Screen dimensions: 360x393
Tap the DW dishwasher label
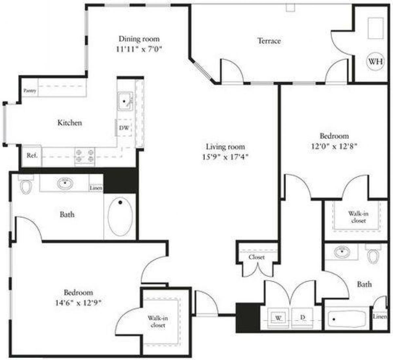point(124,128)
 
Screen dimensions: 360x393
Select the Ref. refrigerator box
point(32,156)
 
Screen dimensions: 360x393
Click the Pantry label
point(30,91)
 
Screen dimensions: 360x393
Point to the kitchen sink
point(125,101)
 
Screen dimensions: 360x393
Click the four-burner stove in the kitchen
point(84,156)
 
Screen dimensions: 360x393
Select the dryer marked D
point(303,317)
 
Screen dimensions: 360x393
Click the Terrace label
point(269,41)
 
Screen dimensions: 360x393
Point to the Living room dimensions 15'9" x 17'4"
point(225,157)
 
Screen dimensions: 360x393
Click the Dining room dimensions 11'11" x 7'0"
point(139,49)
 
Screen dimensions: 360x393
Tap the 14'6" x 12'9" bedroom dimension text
point(78,303)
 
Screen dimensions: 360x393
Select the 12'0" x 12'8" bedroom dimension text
point(334,146)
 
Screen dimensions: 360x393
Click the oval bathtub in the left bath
point(120,216)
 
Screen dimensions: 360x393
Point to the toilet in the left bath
point(26,186)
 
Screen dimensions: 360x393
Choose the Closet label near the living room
point(256,257)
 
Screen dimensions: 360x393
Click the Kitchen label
point(70,123)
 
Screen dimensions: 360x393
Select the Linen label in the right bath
point(380,317)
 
